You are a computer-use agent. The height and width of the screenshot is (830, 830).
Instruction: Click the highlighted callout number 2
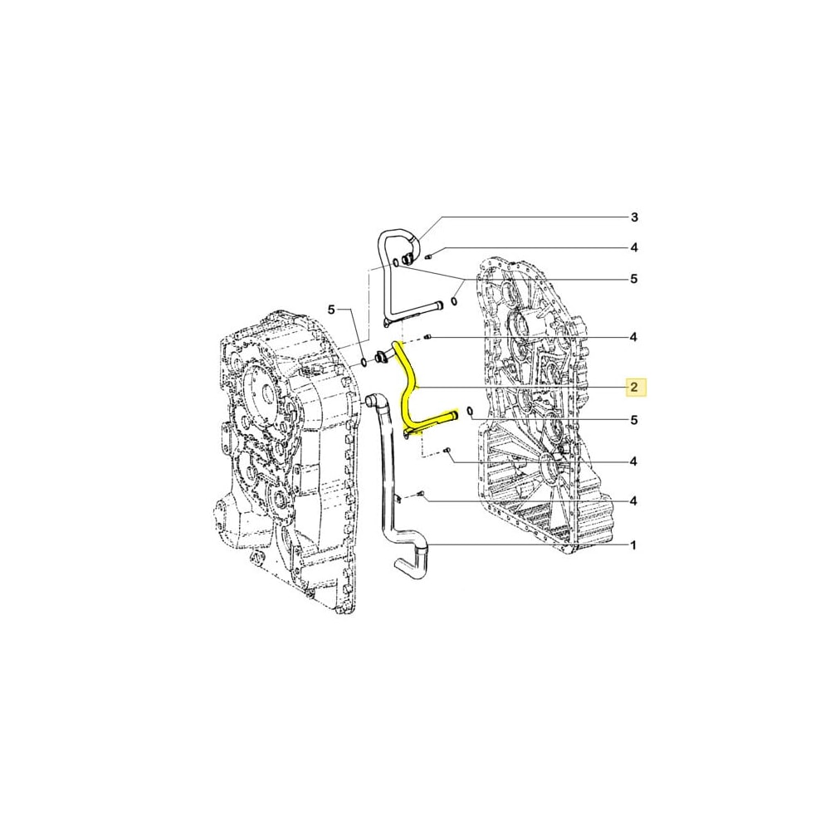point(633,387)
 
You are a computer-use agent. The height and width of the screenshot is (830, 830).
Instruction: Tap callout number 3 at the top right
point(633,217)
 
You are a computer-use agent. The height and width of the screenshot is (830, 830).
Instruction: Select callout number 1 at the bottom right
point(633,545)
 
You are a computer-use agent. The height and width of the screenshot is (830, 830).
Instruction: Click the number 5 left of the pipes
point(330,310)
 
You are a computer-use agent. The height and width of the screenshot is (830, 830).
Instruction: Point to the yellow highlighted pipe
point(409,390)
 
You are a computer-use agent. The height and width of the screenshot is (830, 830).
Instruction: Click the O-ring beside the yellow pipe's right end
point(471,411)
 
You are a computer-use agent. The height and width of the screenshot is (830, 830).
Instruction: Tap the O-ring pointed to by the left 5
point(364,363)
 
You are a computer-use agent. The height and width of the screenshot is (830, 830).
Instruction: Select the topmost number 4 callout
point(633,247)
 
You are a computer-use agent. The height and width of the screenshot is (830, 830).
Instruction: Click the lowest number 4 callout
point(633,500)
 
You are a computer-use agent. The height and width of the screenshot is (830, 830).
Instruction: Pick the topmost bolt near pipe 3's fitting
point(428,256)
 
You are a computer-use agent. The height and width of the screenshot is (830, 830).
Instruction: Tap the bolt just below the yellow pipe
point(447,451)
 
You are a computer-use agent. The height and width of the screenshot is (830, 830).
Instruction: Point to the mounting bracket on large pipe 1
point(401,497)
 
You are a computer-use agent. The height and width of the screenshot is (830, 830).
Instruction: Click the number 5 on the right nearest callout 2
point(633,421)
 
